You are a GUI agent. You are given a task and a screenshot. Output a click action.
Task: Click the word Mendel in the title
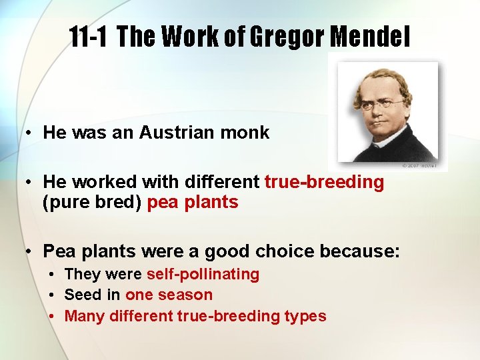click(x=369, y=39)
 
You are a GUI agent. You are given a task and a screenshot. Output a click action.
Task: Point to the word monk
click(x=247, y=132)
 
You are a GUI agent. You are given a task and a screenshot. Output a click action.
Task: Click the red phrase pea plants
click(x=192, y=203)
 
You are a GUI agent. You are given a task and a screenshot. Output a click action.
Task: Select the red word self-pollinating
click(x=203, y=274)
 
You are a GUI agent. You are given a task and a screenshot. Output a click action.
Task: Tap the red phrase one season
click(x=169, y=295)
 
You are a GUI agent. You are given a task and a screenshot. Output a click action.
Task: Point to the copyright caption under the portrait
click(x=419, y=165)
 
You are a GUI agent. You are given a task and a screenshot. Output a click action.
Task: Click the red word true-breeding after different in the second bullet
click(x=324, y=182)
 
